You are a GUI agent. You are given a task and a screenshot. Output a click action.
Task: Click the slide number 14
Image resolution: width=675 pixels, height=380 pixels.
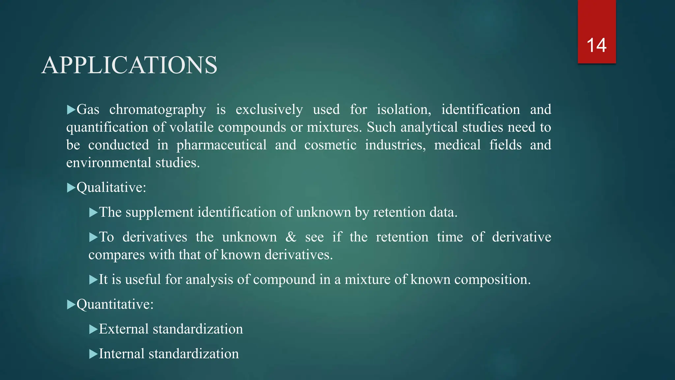point(596,46)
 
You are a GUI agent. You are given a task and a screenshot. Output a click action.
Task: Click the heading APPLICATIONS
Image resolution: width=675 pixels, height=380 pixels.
point(129,65)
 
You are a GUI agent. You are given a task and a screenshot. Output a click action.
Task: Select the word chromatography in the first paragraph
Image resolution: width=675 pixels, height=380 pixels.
point(158,110)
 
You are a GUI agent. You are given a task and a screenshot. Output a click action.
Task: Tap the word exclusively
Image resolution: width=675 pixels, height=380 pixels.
point(269,110)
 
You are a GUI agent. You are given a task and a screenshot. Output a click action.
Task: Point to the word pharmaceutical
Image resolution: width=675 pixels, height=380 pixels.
point(221,145)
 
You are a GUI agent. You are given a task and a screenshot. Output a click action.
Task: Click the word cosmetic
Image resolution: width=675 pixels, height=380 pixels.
point(330,145)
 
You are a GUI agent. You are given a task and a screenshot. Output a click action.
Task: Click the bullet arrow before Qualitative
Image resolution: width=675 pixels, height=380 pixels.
point(71,188)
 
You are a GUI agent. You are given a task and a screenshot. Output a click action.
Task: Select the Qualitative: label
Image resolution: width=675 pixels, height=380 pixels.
point(111,188)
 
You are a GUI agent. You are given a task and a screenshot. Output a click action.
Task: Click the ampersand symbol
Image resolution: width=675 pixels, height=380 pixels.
point(291,237)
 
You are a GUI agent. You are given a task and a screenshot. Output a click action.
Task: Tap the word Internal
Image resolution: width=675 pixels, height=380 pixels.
point(122,354)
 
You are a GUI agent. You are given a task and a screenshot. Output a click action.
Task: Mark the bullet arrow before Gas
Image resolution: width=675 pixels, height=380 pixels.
point(71,110)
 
